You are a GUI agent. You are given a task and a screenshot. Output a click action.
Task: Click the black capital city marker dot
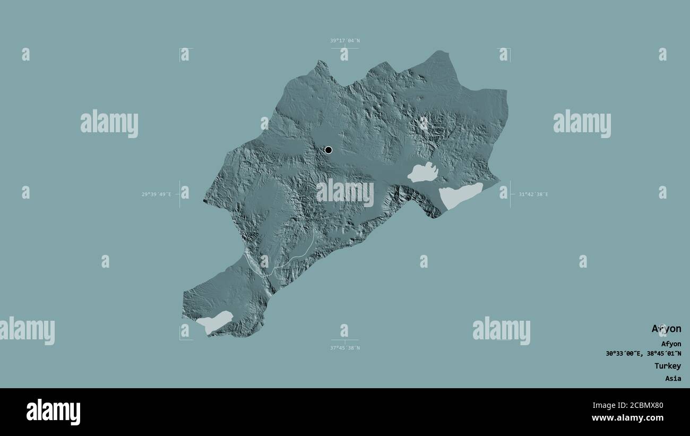(328, 150)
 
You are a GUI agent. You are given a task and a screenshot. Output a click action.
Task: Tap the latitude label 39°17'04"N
(344, 40)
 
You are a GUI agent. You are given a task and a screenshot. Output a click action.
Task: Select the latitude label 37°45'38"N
(344, 348)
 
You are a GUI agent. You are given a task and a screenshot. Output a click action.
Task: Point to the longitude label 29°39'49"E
(156, 194)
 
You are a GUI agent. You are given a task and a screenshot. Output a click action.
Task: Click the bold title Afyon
(666, 329)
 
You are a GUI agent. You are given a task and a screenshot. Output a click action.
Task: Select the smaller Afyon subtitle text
(671, 344)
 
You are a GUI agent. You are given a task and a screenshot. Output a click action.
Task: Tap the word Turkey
(667, 366)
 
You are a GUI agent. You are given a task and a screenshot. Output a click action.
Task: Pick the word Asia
(672, 379)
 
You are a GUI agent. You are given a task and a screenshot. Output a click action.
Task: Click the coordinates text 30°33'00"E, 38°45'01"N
(643, 354)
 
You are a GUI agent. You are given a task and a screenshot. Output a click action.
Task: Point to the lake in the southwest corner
(215, 320)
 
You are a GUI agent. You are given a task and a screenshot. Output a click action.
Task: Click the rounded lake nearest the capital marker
(423, 173)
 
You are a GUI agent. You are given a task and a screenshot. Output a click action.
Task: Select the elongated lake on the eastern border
(460, 195)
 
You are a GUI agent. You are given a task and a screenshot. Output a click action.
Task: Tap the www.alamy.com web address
(629, 418)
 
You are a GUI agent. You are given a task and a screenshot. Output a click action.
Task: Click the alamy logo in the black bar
(53, 412)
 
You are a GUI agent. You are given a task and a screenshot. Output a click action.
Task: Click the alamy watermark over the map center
(345, 192)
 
